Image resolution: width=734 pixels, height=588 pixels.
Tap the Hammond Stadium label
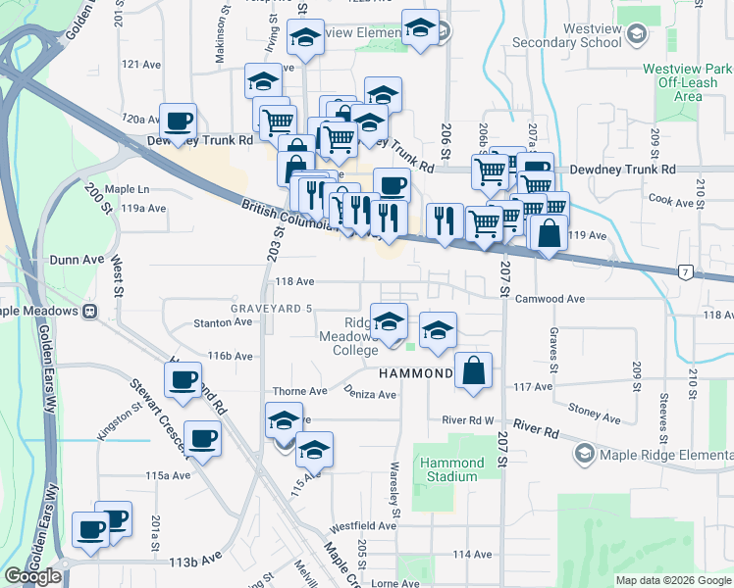pyautogui.click(x=451, y=469)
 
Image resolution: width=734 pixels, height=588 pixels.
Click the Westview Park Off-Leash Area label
pyautogui.click(x=687, y=83)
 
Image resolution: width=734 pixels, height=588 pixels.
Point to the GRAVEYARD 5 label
pyautogui.click(x=271, y=309)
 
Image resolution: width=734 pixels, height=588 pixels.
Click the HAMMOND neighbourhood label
pyautogui.click(x=416, y=373)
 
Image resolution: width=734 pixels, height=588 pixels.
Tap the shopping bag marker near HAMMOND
pyautogui.click(x=473, y=371)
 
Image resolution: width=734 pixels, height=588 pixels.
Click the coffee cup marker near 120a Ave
pyautogui.click(x=178, y=122)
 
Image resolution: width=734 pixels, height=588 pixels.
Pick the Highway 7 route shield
pyautogui.click(x=685, y=271)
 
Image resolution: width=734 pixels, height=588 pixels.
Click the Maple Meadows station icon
pyautogui.click(x=89, y=311)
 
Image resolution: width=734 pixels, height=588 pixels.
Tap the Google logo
pyautogui.click(x=32, y=576)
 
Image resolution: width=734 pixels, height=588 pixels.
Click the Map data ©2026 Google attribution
pyautogui.click(x=673, y=580)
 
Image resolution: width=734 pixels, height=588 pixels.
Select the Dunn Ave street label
pyautogui.click(x=77, y=260)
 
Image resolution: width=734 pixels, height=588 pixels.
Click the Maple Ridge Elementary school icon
pyautogui.click(x=585, y=453)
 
